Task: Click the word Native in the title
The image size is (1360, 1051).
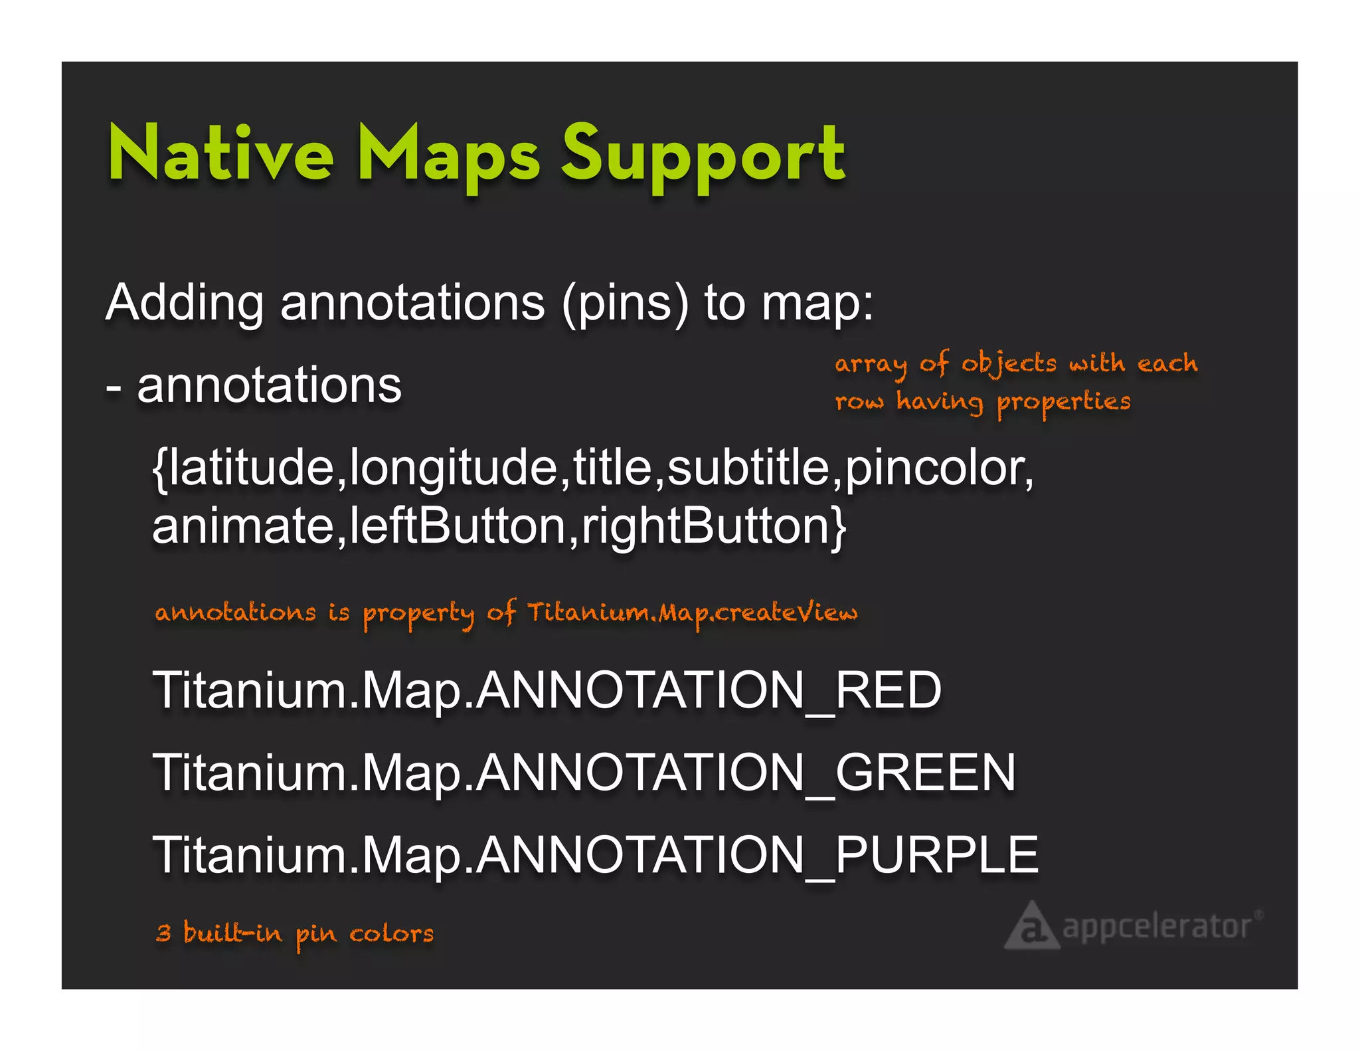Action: (220, 154)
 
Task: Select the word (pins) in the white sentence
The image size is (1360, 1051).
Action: (625, 304)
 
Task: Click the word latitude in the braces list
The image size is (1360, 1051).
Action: (251, 468)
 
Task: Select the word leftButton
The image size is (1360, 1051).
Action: (457, 526)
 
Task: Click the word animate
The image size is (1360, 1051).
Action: (242, 527)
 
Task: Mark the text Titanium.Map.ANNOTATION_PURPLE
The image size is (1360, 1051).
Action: (595, 856)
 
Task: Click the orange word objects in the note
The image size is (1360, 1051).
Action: (1008, 365)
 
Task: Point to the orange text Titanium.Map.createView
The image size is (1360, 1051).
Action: (692, 613)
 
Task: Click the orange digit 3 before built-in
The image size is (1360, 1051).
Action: (163, 933)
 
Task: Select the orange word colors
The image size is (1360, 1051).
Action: (391, 934)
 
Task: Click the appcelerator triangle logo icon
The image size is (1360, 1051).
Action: (1031, 926)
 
